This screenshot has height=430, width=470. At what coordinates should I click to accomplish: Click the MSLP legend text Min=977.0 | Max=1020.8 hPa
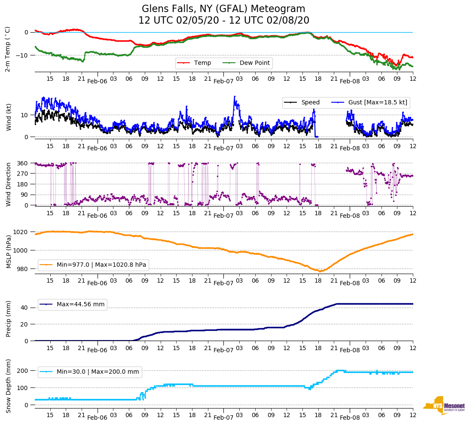point(101,265)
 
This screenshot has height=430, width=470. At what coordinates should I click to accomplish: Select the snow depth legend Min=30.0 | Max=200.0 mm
point(98,372)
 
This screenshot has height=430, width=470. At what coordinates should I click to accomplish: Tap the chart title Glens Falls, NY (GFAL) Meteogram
point(223,9)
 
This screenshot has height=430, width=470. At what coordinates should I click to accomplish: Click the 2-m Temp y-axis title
point(8,49)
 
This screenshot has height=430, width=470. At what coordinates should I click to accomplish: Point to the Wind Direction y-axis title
point(8,184)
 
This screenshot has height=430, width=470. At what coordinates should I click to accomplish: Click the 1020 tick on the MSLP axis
point(23,232)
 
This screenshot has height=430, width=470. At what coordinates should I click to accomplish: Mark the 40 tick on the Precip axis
point(25,308)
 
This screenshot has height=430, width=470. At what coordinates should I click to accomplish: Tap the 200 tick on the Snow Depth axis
point(23,371)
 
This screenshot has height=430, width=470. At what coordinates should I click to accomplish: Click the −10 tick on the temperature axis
point(21,55)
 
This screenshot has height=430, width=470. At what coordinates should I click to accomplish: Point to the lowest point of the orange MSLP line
point(320,271)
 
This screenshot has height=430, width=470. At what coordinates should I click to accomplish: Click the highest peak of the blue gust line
point(235,96)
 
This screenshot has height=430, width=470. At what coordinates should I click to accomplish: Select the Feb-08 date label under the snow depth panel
point(350,418)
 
